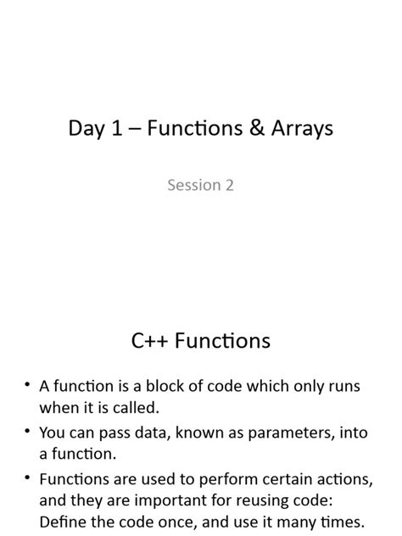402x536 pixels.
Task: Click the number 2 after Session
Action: click(x=229, y=184)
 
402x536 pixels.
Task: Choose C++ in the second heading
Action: click(x=154, y=341)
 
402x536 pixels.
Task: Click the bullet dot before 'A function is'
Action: click(x=28, y=387)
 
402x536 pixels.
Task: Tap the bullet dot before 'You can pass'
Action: click(x=28, y=433)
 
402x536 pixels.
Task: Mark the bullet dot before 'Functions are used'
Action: click(x=28, y=480)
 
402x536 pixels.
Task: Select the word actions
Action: click(x=343, y=480)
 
